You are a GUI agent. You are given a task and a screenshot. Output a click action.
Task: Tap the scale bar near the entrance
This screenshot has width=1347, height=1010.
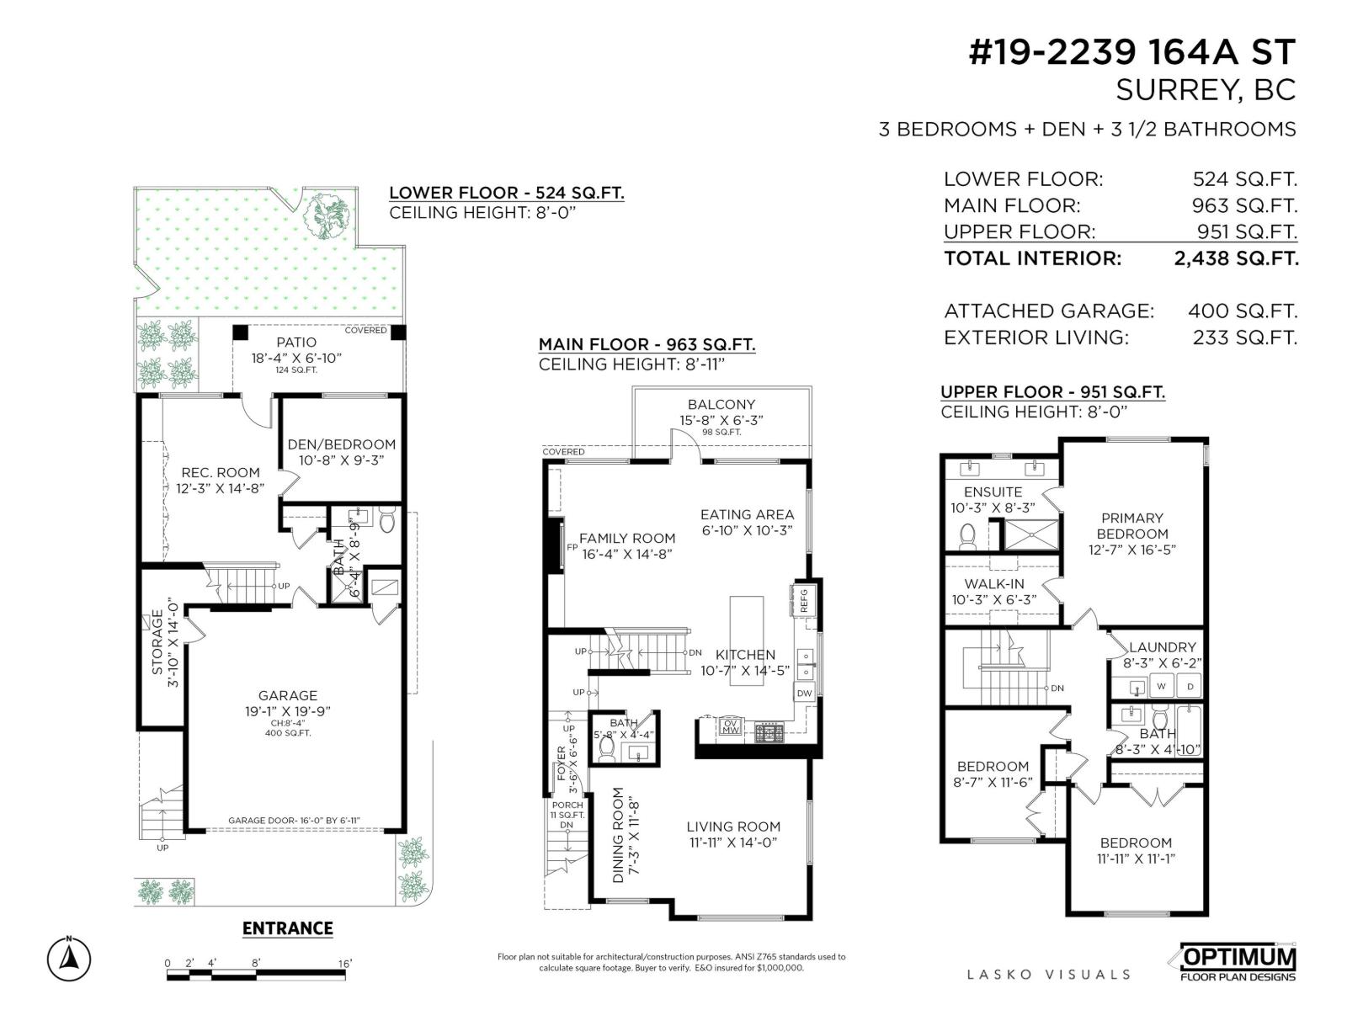click(256, 975)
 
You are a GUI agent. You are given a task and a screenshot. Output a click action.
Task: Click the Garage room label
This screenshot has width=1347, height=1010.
click(287, 695)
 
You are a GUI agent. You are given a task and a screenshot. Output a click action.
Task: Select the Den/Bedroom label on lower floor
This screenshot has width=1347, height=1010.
click(341, 444)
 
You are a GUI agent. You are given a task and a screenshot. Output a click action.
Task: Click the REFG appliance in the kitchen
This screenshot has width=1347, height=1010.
click(803, 599)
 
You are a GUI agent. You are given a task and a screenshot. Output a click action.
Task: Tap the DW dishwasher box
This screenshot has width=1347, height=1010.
click(804, 694)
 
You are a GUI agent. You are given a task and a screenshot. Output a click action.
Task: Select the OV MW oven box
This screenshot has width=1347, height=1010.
click(730, 726)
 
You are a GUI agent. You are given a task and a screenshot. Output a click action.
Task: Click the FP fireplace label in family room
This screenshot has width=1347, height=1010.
click(572, 547)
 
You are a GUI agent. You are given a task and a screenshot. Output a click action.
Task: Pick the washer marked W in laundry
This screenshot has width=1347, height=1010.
click(1161, 686)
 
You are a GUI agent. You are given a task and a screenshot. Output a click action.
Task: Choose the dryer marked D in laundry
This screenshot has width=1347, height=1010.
click(1190, 686)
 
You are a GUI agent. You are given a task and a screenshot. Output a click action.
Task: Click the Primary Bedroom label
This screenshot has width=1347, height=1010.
click(1131, 526)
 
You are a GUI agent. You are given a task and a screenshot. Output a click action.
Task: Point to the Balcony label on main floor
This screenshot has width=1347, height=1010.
click(721, 405)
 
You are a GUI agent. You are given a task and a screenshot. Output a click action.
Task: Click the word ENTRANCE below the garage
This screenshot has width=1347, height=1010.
click(287, 928)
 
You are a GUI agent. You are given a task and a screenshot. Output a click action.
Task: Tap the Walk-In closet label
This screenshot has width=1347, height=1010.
click(993, 583)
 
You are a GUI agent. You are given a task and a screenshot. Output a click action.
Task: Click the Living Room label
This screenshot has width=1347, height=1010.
click(732, 827)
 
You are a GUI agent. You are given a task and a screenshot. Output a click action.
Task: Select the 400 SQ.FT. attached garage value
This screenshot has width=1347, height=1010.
click(1242, 311)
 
